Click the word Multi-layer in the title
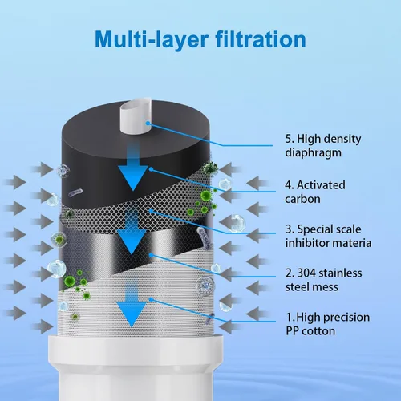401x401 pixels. click(x=152, y=40)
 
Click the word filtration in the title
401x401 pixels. click(x=261, y=39)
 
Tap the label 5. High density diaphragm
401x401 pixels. click(x=323, y=146)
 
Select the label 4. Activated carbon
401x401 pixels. click(x=315, y=192)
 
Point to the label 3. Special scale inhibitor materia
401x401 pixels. click(x=328, y=237)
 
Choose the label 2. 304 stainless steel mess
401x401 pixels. click(x=323, y=280)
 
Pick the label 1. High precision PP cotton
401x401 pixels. click(x=328, y=324)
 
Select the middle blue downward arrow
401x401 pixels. click(x=132, y=232)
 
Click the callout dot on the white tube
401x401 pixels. click(x=148, y=123)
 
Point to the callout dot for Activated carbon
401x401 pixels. click(x=151, y=169)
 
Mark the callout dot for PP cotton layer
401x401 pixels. click(x=151, y=299)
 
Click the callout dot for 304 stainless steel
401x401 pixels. click(x=152, y=255)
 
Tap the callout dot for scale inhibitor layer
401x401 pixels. click(x=152, y=211)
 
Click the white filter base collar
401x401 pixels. click(x=136, y=351)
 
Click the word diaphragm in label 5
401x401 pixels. click(x=313, y=153)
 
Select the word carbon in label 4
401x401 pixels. click(x=302, y=199)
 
